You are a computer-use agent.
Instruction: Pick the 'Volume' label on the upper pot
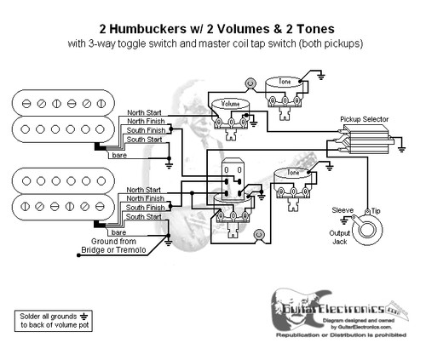231,103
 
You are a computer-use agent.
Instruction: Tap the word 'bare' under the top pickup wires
120,157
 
